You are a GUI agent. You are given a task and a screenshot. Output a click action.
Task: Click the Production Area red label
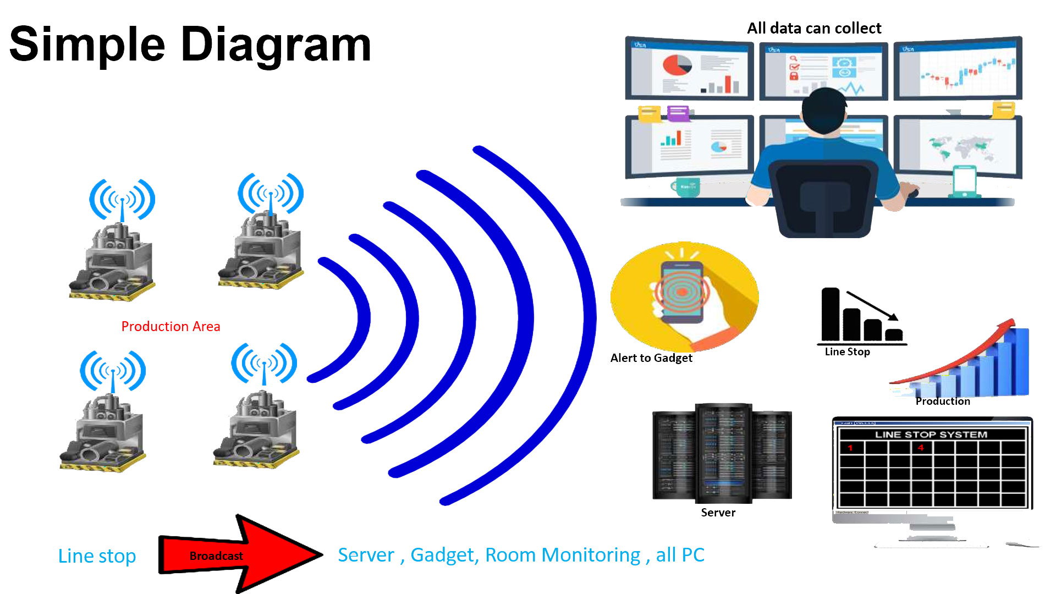(x=170, y=326)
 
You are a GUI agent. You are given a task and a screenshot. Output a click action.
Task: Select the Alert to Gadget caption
(x=651, y=358)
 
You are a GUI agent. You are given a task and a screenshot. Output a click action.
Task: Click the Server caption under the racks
(x=718, y=513)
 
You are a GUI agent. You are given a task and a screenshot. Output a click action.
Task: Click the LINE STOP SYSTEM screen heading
(x=931, y=435)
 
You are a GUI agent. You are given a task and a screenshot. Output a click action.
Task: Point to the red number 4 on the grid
(x=921, y=448)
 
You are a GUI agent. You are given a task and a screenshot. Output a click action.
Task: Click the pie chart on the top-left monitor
(x=677, y=65)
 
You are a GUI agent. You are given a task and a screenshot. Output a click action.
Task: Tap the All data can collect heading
(x=814, y=28)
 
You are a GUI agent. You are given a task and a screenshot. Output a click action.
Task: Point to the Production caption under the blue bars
(x=943, y=402)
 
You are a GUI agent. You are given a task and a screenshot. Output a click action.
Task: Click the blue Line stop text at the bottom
(x=97, y=556)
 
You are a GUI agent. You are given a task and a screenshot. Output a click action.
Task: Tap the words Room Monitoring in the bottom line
(x=563, y=555)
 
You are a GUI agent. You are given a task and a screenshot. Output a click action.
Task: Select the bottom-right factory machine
(x=256, y=432)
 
